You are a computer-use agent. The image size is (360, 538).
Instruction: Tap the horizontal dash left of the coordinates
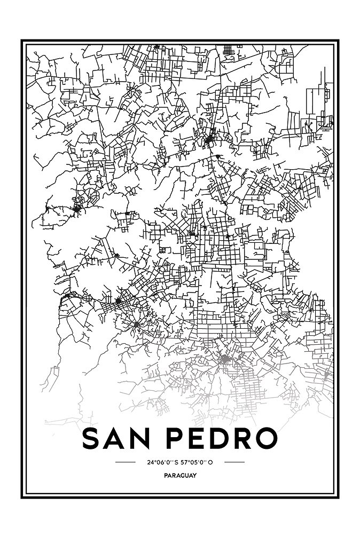pos(126,462)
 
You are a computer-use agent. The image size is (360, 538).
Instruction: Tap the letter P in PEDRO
pos(178,439)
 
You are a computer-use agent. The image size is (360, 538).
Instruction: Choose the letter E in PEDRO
pos(200,439)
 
